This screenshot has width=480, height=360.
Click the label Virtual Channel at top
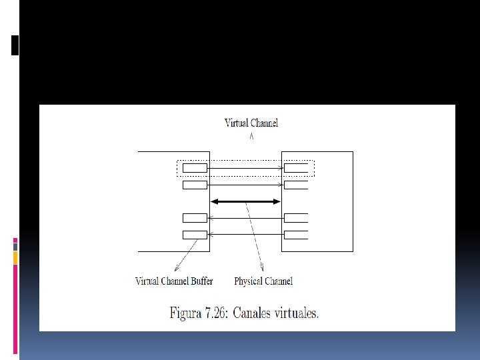[x=251, y=123]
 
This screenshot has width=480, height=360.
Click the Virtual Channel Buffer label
[x=174, y=281]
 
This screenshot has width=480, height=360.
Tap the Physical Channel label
[x=263, y=281]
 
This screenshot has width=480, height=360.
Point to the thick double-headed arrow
[x=245, y=201]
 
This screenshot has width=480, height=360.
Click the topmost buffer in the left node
[x=195, y=167]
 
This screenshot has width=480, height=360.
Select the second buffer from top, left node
[x=195, y=184]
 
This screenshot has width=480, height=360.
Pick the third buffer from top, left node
[x=195, y=217]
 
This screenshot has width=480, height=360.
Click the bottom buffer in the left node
[x=195, y=234]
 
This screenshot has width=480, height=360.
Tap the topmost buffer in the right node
[x=295, y=167]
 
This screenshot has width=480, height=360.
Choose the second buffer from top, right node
[x=295, y=184]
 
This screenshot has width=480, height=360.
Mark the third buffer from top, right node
[x=295, y=217]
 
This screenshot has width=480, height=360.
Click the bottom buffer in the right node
[x=295, y=234]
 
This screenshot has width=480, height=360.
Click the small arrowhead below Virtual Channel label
[x=251, y=137]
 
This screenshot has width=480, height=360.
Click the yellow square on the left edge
[x=15, y=257]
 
